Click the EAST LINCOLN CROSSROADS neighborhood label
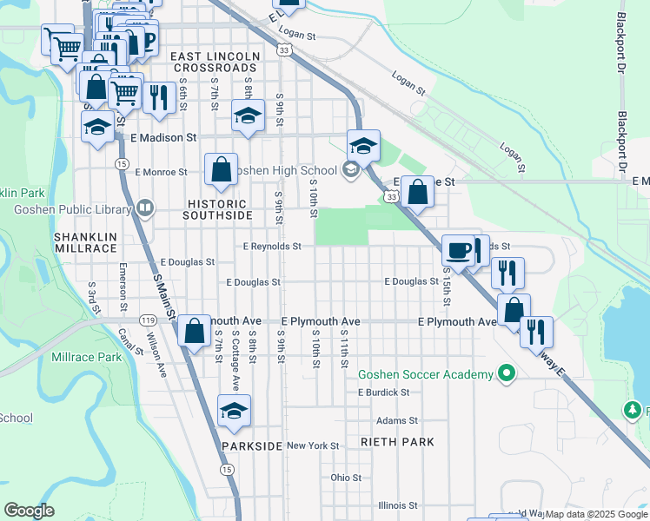coord(216,63)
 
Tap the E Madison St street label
coord(163,137)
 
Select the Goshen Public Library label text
coord(71,208)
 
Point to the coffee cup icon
coord(459,251)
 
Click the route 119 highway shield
coord(148,320)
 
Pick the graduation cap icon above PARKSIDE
coord(233,411)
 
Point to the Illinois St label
coord(398,505)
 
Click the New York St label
coord(313,445)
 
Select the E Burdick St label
coord(383,392)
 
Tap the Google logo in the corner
coord(29,511)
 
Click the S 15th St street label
coord(447,287)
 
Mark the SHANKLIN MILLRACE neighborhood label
coord(85,242)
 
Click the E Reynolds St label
coord(272,247)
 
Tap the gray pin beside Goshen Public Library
coord(144,208)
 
